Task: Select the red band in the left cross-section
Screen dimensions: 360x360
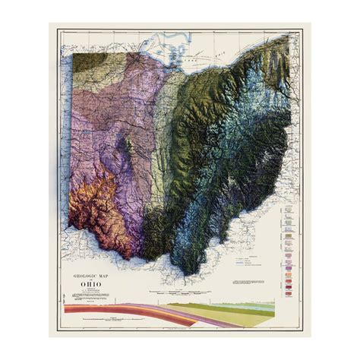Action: pos(84,309)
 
